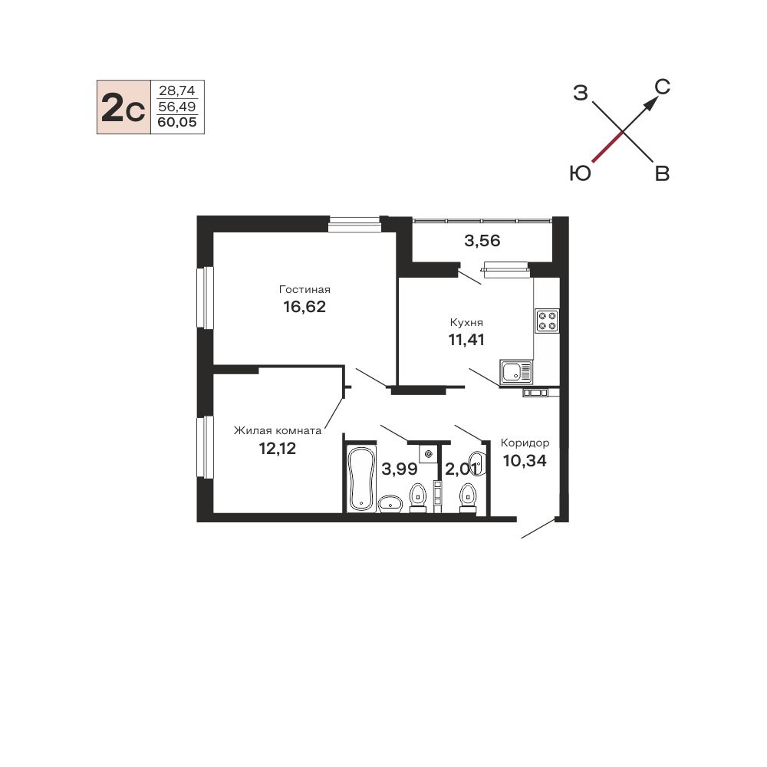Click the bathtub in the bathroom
361,478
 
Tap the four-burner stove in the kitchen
547,321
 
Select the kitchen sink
516,372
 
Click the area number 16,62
304,307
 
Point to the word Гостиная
304,289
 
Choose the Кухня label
466,322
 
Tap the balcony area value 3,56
482,241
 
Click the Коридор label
525,443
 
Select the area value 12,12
278,448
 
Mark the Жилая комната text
278,430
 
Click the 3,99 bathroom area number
399,469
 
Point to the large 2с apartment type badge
123,107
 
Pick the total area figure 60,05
177,122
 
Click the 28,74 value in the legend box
177,91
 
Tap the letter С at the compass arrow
663,87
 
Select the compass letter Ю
581,173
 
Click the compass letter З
580,93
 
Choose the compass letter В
662,173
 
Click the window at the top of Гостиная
354,224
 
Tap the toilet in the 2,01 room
468,498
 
